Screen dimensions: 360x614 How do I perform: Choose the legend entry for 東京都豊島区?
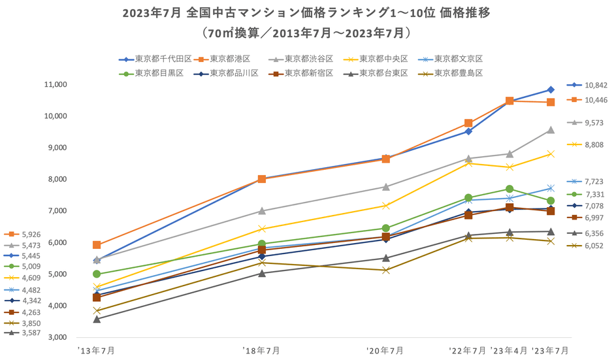pyautogui.click(x=457, y=73)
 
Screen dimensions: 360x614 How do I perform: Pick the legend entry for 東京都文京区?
pyautogui.click(x=457, y=59)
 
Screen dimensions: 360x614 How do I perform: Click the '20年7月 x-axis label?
pyautogui.click(x=385, y=351)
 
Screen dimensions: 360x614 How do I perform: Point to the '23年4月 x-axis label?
pyautogui.click(x=509, y=351)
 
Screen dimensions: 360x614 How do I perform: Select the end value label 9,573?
pyautogui.click(x=594, y=122)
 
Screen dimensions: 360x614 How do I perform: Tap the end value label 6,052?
pyautogui.click(x=594, y=246)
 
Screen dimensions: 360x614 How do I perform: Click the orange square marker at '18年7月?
pyautogui.click(x=261, y=179)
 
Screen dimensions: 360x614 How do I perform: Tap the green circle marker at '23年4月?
pyautogui.click(x=509, y=189)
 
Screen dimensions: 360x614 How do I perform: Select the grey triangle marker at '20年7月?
pyautogui.click(x=385, y=186)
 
